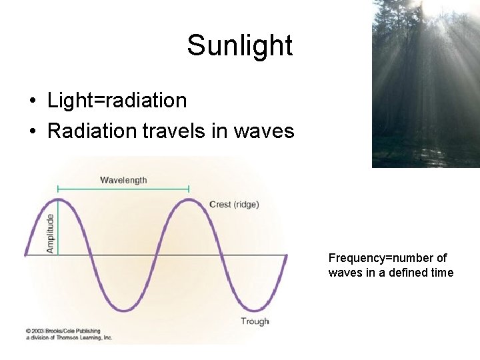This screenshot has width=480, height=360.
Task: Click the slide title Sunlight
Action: tap(239, 45)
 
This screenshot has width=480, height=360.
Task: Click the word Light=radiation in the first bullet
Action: tap(117, 101)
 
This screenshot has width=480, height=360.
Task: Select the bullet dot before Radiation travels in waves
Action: tap(33, 131)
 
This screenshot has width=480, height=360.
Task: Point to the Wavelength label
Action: tap(123, 180)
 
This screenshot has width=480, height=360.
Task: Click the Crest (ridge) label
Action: tap(234, 205)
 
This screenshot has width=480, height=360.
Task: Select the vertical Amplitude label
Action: tap(50, 233)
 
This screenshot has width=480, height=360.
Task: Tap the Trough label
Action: tap(255, 321)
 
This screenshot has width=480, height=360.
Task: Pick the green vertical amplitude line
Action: tap(59, 227)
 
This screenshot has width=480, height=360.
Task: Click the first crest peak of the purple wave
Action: tap(59, 199)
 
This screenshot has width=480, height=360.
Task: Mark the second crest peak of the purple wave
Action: tap(189, 199)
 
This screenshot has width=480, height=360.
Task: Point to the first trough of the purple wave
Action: tap(124, 310)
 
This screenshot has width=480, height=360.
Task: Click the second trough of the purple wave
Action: tap(254, 310)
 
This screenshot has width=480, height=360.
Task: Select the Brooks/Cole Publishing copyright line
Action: tap(63, 331)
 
